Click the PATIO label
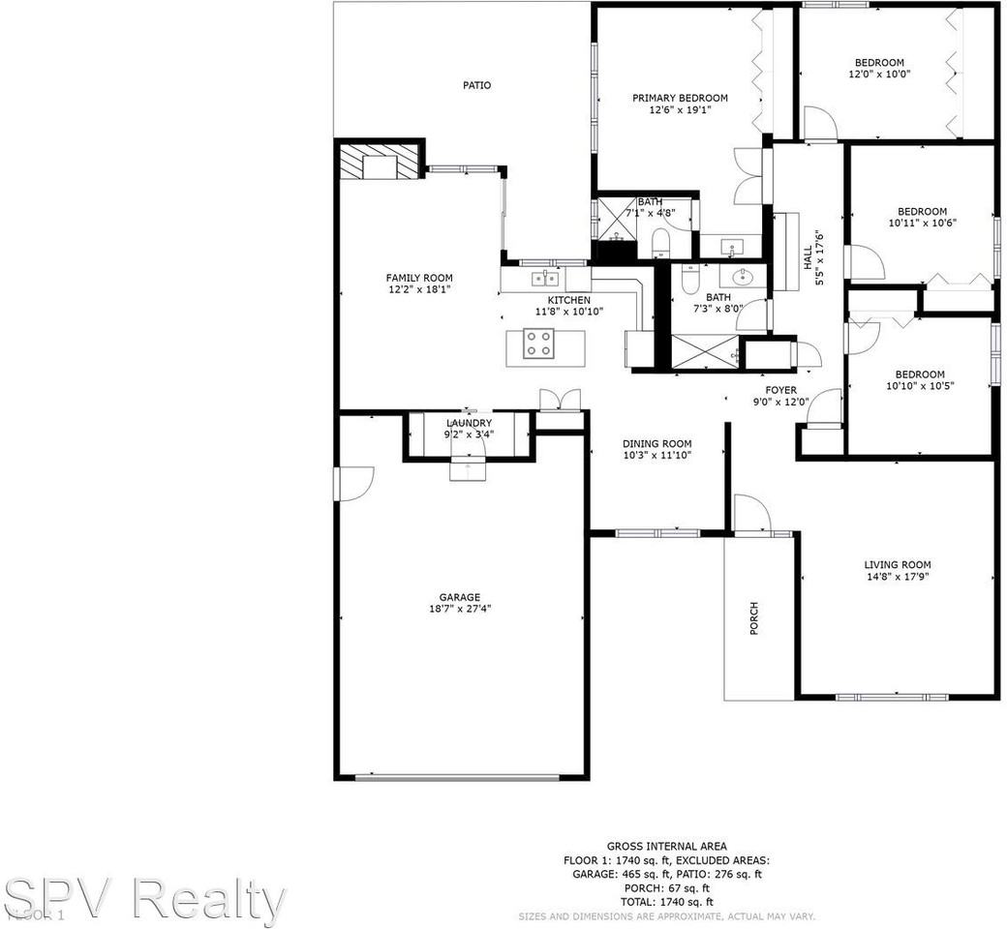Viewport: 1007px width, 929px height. (x=476, y=85)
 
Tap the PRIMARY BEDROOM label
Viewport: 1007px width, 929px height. (x=680, y=98)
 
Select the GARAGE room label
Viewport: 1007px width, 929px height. (x=454, y=597)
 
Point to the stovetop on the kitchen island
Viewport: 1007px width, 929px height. (x=538, y=344)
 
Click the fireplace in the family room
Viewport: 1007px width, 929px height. (x=380, y=164)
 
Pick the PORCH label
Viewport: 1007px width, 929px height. (x=754, y=618)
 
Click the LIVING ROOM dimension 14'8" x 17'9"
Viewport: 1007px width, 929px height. (x=897, y=577)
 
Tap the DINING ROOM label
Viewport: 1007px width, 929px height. (x=656, y=443)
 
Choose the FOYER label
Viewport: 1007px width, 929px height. (x=780, y=390)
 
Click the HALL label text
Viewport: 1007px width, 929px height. (x=809, y=255)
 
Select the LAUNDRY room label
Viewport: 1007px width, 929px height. (x=469, y=423)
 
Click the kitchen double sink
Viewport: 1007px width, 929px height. (x=545, y=280)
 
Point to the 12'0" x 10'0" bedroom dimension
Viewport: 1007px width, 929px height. (x=879, y=75)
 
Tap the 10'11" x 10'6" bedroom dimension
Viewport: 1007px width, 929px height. (x=921, y=224)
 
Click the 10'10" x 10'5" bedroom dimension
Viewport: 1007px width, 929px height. (x=919, y=386)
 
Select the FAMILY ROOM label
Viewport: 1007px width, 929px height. (x=419, y=278)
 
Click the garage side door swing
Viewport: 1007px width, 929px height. (x=354, y=483)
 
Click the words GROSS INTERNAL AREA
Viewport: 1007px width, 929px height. (x=666, y=846)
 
